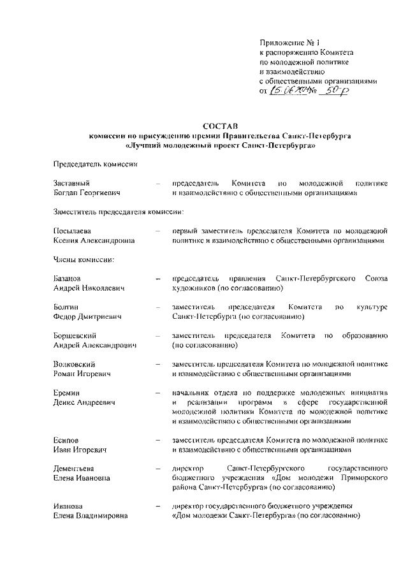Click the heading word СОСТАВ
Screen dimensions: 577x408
[x=220, y=126]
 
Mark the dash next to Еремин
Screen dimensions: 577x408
[x=157, y=393]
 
